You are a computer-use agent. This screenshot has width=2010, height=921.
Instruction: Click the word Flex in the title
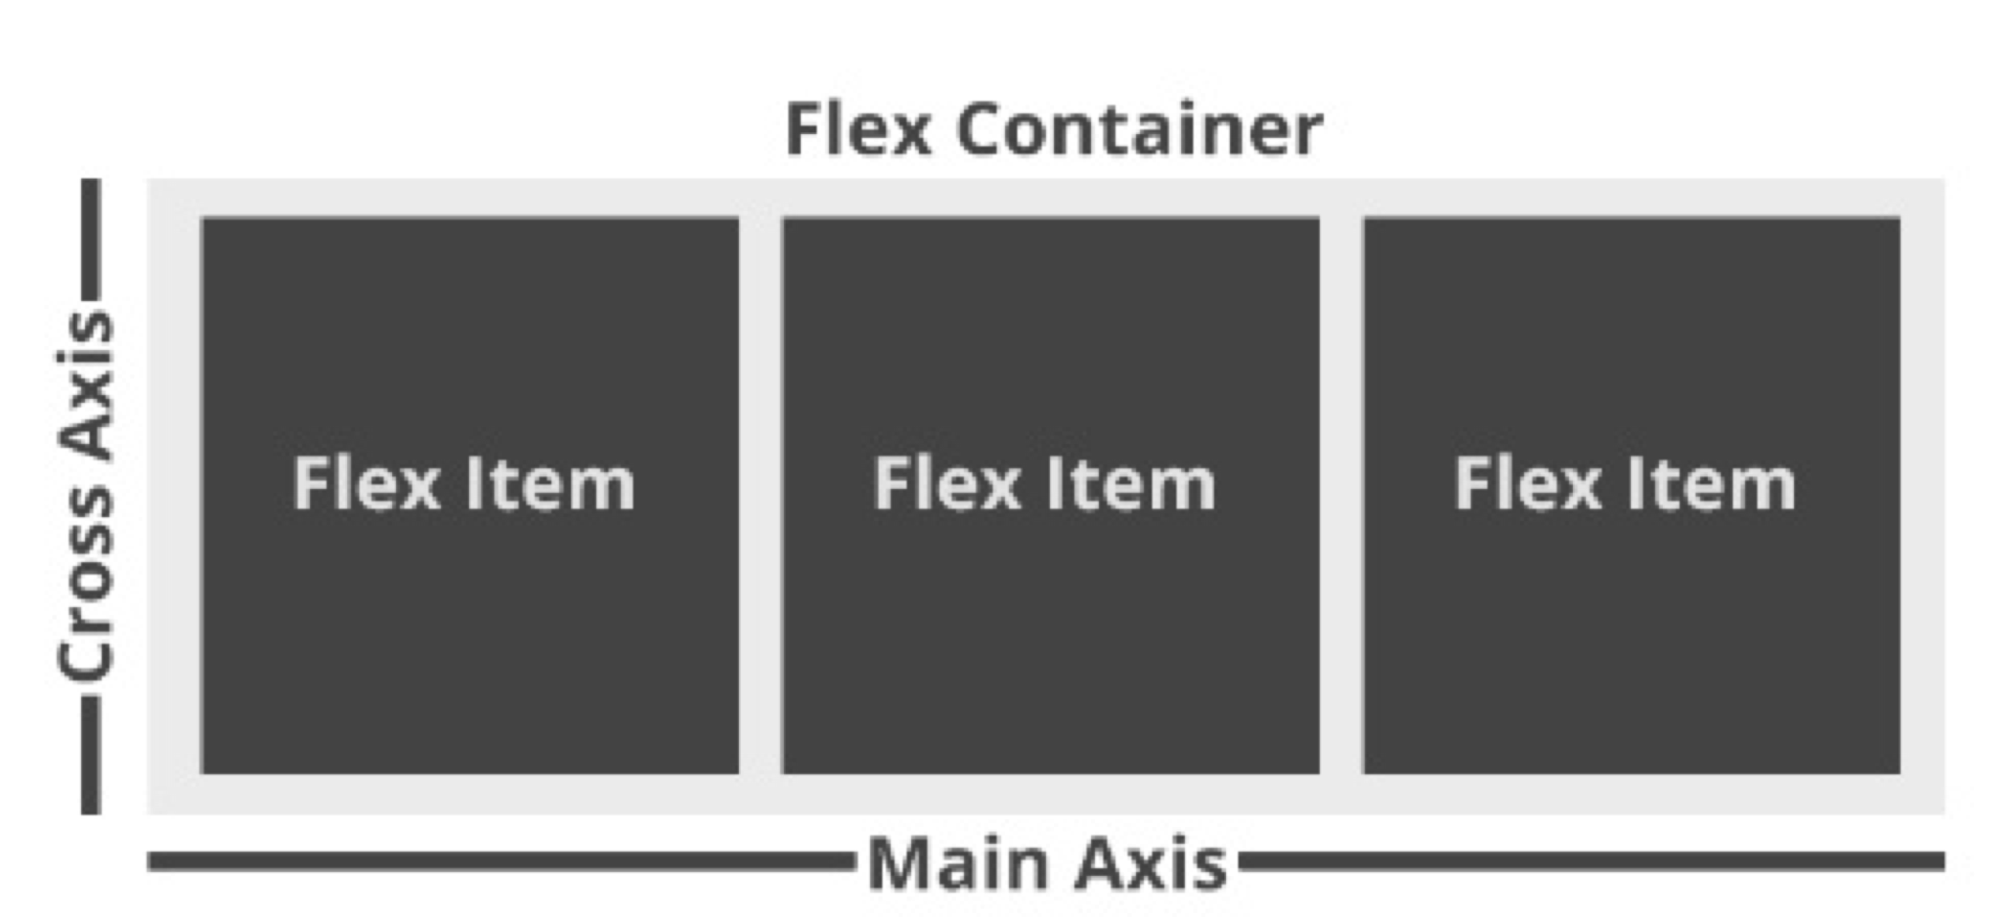pos(857,130)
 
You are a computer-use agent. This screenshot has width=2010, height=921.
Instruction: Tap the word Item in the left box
pos(549,484)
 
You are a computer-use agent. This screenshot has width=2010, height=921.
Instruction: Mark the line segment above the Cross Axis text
pos(90,239)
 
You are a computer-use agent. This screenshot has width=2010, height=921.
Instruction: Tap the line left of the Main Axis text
pos(499,861)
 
